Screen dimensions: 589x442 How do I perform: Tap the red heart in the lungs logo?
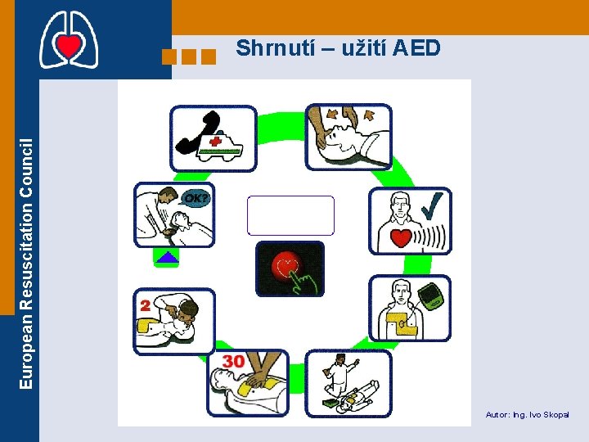(69, 47)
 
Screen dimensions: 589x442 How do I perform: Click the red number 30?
(233, 361)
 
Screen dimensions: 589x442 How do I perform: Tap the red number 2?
(146, 304)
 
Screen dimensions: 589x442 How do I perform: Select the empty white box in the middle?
(290, 215)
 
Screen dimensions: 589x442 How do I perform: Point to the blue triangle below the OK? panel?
(167, 257)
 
